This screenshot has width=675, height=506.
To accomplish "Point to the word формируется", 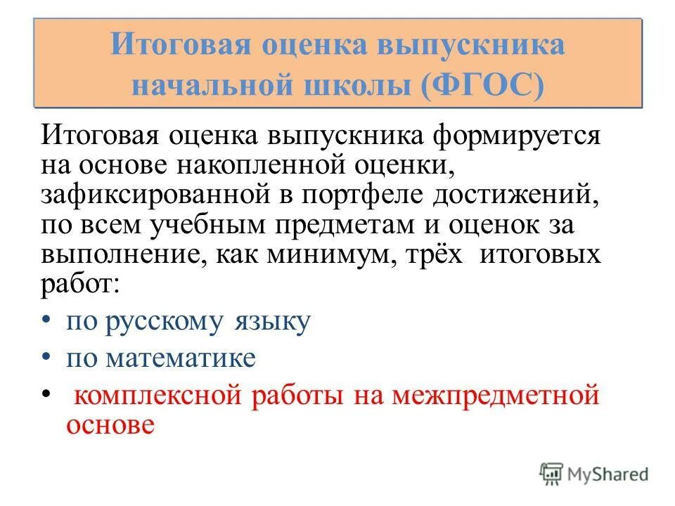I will point(513,134).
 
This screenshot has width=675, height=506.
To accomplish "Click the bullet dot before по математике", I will point(46,357).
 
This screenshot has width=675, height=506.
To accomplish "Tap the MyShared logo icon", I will point(551,474).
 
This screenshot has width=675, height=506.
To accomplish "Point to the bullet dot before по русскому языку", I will point(46,320).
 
